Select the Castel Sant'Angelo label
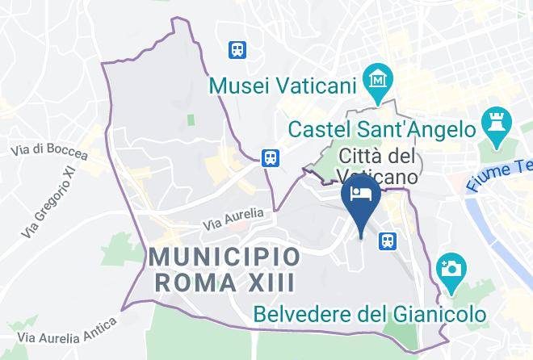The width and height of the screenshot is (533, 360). (x=381, y=128)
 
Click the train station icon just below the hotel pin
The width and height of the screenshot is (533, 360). (x=388, y=240)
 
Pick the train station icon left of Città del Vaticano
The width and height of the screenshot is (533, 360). (x=271, y=157)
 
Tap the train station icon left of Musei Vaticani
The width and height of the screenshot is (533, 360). (x=237, y=49)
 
